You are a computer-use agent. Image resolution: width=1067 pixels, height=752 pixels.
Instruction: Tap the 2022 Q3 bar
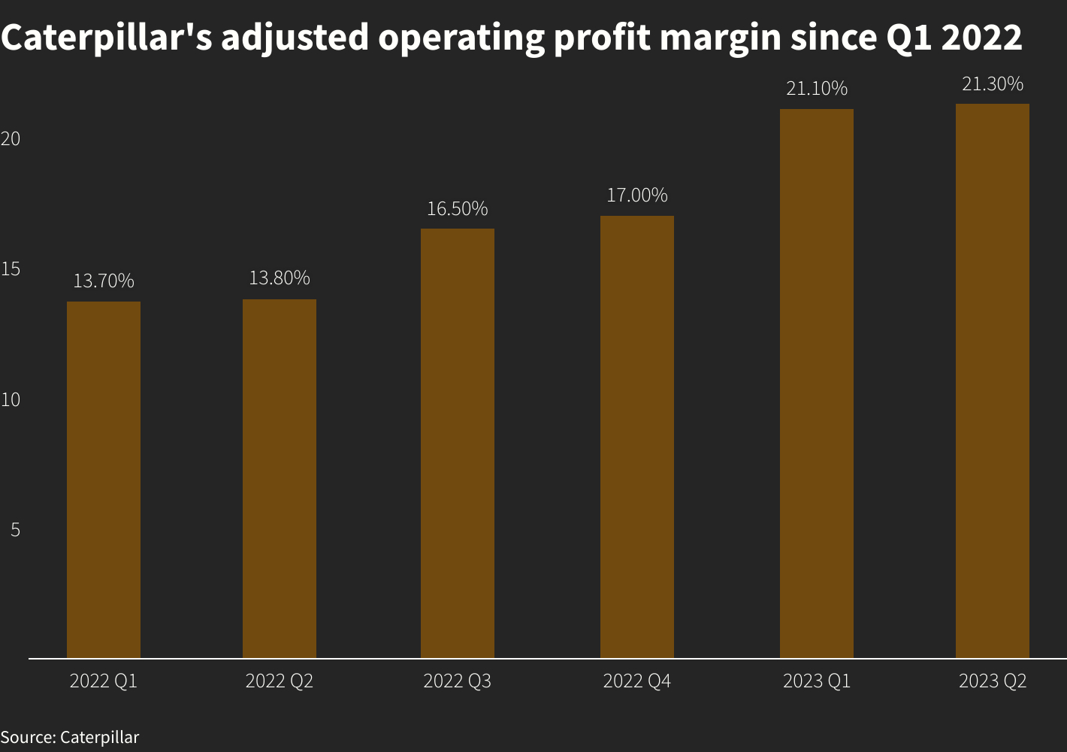click(458, 444)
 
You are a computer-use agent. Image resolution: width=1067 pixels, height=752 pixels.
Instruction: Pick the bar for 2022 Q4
click(637, 437)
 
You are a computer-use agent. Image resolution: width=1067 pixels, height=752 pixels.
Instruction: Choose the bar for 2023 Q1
click(817, 384)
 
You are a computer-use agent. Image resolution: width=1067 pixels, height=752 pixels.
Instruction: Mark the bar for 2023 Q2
click(993, 381)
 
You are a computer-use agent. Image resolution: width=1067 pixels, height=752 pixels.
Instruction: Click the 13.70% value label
click(104, 281)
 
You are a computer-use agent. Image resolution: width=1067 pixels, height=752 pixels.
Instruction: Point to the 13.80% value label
click(280, 278)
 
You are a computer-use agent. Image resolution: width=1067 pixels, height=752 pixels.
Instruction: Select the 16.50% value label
click(458, 208)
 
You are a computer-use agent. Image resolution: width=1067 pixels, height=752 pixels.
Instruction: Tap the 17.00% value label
click(637, 196)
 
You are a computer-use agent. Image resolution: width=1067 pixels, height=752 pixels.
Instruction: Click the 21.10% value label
click(817, 89)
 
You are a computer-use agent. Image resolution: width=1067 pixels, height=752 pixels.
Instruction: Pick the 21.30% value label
click(993, 84)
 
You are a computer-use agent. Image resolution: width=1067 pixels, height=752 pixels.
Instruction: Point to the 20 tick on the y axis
click(11, 139)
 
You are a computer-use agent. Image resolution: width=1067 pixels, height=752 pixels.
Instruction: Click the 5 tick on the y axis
click(15, 530)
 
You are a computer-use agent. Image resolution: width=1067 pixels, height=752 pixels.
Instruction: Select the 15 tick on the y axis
click(11, 269)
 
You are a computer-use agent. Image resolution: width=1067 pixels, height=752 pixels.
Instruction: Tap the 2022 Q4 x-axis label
click(637, 682)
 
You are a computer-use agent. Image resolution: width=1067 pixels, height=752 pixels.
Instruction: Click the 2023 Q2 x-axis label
click(993, 682)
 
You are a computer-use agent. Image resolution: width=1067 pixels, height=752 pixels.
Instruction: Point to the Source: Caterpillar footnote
click(70, 737)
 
